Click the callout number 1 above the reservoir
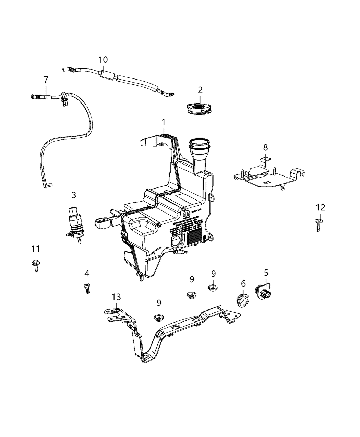pyautogui.click(x=164, y=122)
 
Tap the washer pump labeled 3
pyautogui.click(x=74, y=222)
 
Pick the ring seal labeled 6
pyautogui.click(x=243, y=300)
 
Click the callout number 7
pyautogui.click(x=46, y=80)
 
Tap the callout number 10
pyautogui.click(x=103, y=60)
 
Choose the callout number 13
pyautogui.click(x=116, y=297)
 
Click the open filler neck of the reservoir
pyautogui.click(x=199, y=142)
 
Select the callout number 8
pyautogui.click(x=266, y=148)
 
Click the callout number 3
pyautogui.click(x=74, y=195)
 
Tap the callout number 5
pyautogui.click(x=266, y=273)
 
